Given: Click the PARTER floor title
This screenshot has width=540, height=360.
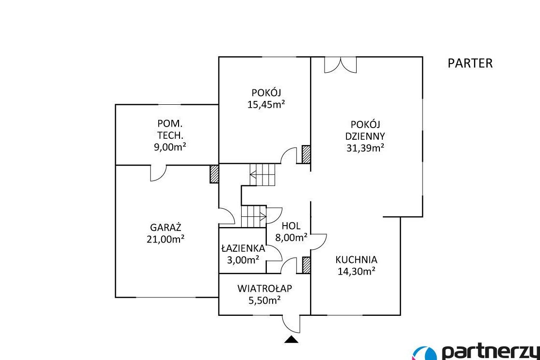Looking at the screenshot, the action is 470,63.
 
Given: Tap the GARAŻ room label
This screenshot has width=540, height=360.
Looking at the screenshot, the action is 165,228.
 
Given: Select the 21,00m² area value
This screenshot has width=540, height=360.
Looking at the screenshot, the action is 165,239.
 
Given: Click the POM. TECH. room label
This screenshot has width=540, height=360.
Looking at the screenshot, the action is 170,129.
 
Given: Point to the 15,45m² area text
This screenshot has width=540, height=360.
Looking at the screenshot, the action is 266,104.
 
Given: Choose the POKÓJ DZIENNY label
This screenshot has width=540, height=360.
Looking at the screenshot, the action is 365,130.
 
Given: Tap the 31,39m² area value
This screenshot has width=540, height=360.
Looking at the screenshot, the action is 365,148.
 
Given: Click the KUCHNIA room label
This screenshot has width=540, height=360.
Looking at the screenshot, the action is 357,260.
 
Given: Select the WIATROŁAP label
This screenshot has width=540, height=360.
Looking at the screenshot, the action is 264,288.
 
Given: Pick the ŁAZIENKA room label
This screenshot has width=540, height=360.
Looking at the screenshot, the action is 243,248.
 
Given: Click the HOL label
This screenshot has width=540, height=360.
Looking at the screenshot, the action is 291,226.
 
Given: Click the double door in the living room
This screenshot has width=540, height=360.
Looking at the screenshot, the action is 340,65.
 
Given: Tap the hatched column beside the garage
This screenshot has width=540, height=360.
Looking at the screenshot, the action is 214,174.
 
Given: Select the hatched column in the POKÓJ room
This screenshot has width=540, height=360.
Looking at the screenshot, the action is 306,154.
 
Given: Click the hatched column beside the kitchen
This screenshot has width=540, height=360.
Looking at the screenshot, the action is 306,265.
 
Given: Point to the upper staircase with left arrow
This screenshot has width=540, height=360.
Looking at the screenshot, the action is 263,175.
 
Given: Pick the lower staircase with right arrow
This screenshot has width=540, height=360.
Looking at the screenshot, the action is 254,216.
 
